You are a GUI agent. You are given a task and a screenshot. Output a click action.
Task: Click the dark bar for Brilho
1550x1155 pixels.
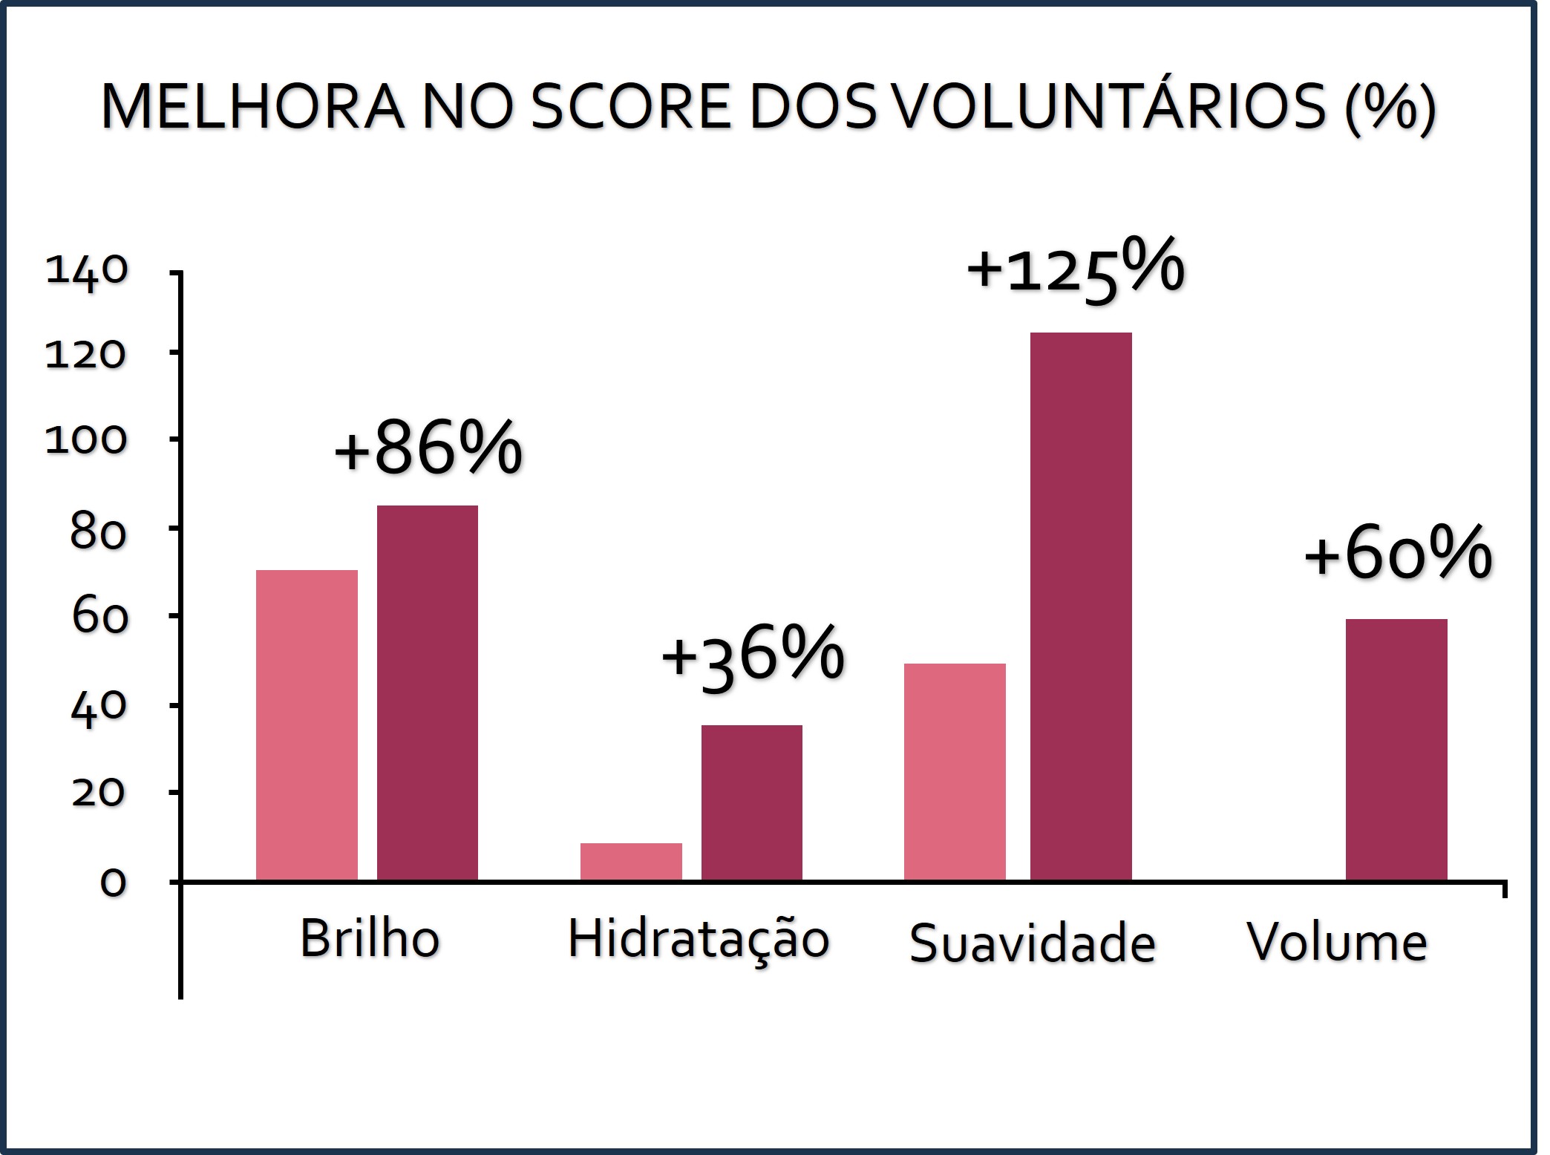point(428,693)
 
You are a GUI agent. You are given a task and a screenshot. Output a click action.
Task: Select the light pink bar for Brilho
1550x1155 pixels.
point(307,725)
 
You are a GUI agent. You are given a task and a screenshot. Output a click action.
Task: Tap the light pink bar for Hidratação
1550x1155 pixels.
point(631,862)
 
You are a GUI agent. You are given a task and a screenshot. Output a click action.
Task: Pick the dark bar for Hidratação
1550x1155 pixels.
point(752,802)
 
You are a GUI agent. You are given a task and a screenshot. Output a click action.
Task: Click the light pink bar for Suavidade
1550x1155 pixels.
point(955,772)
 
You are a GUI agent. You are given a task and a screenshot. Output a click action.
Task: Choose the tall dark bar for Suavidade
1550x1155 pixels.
point(1082,606)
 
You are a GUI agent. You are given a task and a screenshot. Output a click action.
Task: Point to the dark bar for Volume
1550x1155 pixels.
point(1396,750)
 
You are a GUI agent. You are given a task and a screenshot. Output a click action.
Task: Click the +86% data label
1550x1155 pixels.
point(428,448)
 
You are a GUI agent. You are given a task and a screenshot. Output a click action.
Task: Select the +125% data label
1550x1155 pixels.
point(1075,268)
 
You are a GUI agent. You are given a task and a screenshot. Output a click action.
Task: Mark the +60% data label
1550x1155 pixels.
point(1397,554)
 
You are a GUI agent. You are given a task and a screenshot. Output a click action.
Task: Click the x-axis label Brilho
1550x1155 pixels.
point(370,939)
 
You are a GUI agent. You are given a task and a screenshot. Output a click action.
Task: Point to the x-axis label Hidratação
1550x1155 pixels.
point(698,939)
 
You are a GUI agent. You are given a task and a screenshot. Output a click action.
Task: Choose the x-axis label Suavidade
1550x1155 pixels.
point(1032,943)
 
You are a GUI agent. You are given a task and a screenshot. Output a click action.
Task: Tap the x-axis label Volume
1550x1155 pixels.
point(1337,942)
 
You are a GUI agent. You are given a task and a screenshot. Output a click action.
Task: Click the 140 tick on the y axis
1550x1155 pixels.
point(87,272)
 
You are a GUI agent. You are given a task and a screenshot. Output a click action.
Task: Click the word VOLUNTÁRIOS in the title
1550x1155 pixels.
point(1107,108)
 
